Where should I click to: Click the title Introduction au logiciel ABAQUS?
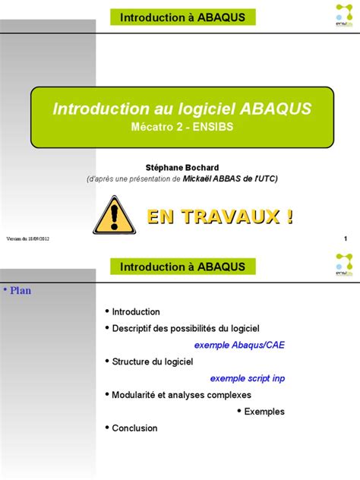[x=182, y=109]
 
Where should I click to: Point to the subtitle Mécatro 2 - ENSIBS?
[x=182, y=128]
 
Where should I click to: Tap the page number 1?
[x=346, y=240]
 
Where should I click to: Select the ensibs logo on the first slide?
[x=343, y=14]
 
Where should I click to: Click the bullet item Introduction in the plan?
[x=136, y=311]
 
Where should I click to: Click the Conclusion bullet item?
[x=134, y=428]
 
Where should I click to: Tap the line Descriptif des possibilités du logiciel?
[x=185, y=327]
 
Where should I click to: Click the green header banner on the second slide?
[x=182, y=267]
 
